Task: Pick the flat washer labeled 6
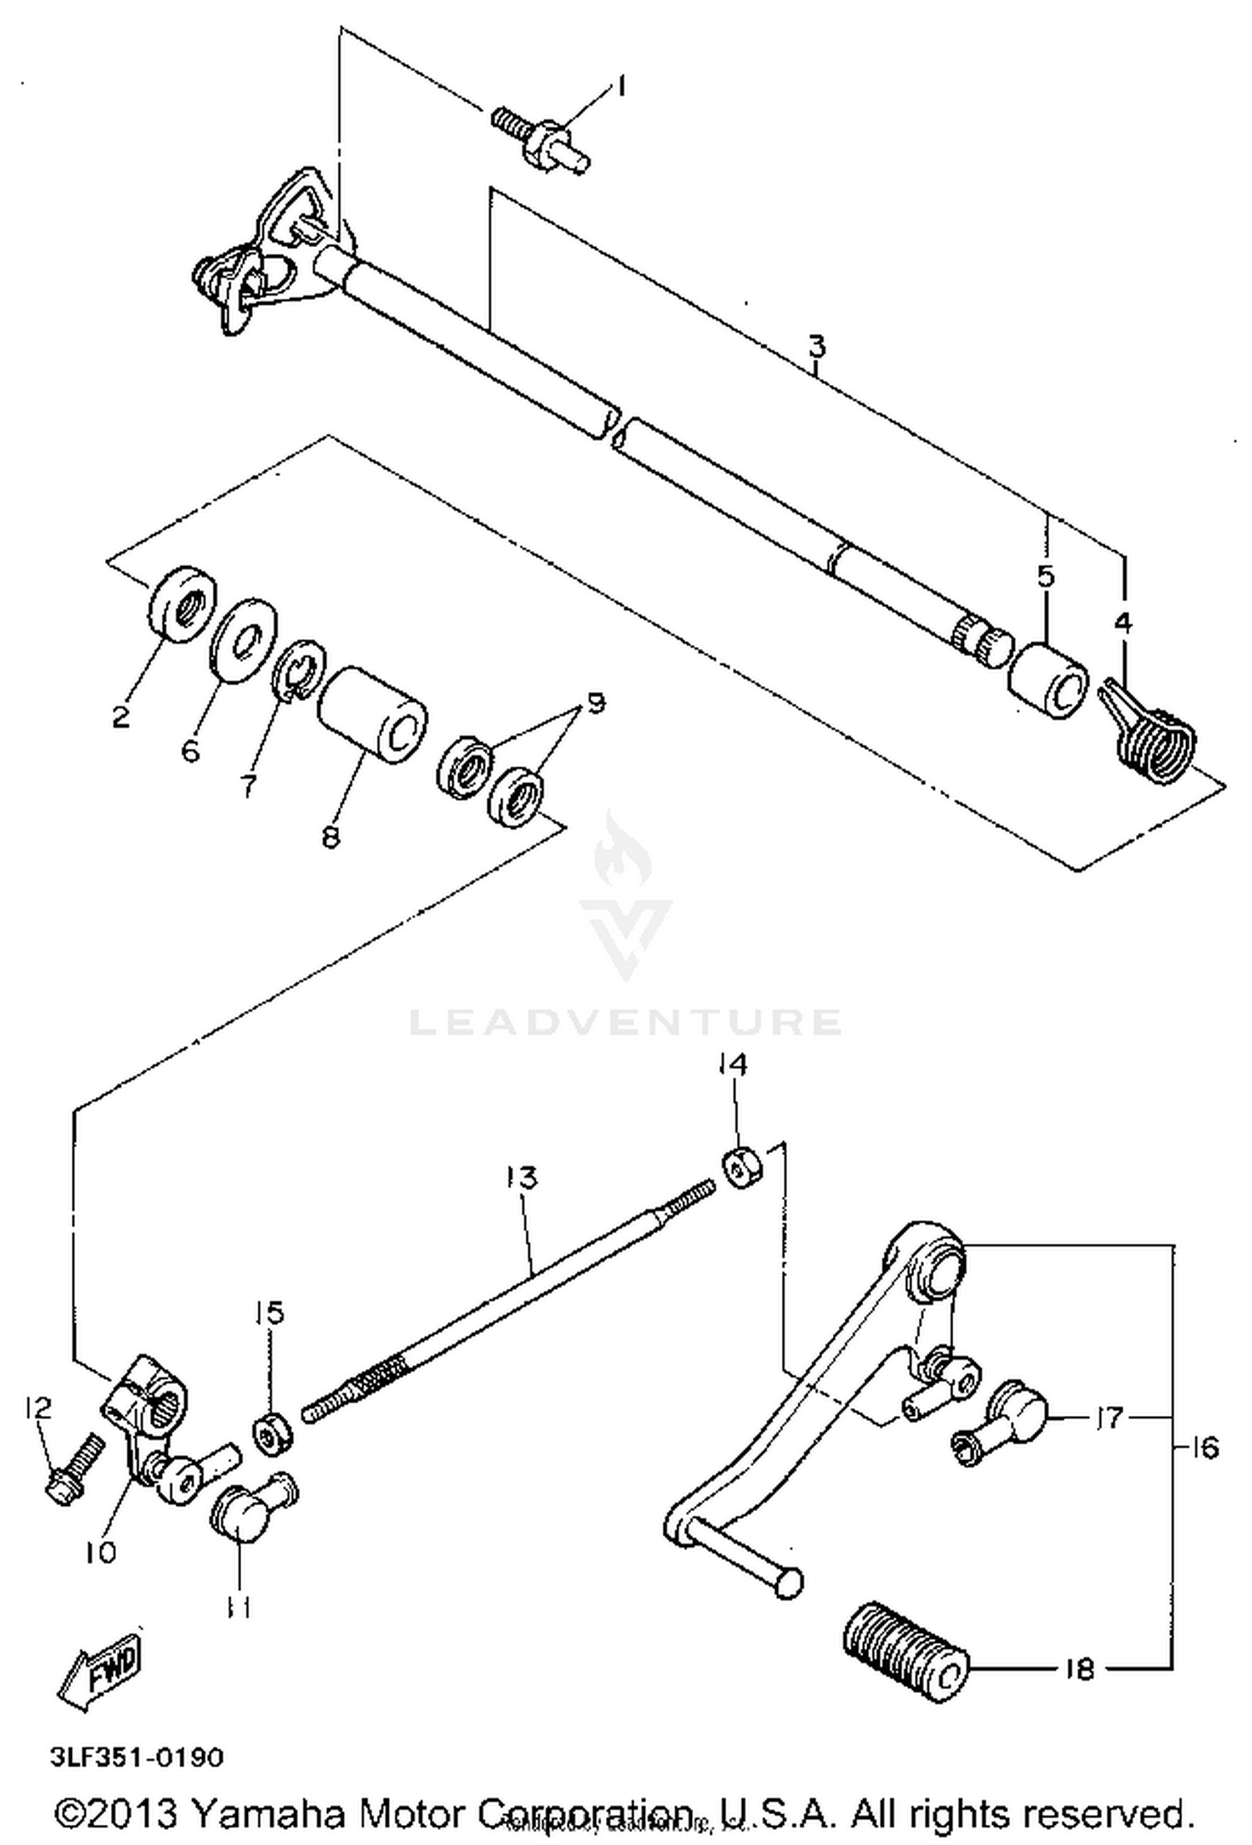click(x=243, y=640)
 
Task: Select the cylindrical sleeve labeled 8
click(x=372, y=715)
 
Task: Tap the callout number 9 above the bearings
click(x=594, y=703)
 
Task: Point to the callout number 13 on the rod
click(x=522, y=1178)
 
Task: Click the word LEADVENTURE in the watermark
click(x=625, y=1022)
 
